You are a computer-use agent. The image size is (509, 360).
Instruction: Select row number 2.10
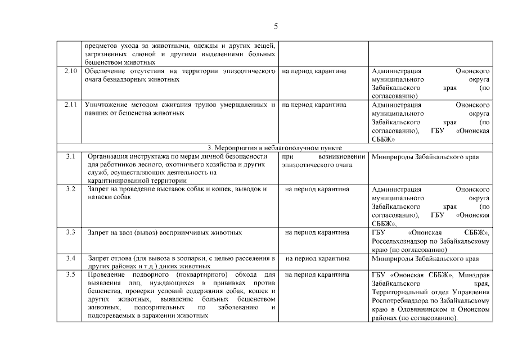(70, 71)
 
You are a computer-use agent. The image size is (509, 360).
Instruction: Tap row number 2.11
(70, 105)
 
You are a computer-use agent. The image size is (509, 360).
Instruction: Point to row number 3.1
(70, 156)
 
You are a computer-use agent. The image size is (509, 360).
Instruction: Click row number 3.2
(70, 189)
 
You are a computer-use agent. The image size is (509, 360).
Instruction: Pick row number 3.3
(70, 232)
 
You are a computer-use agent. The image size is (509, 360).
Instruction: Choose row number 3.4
(70, 258)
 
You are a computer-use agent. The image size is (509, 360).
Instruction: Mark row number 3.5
(70, 274)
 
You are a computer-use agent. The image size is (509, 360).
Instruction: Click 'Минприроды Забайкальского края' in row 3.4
(426, 258)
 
